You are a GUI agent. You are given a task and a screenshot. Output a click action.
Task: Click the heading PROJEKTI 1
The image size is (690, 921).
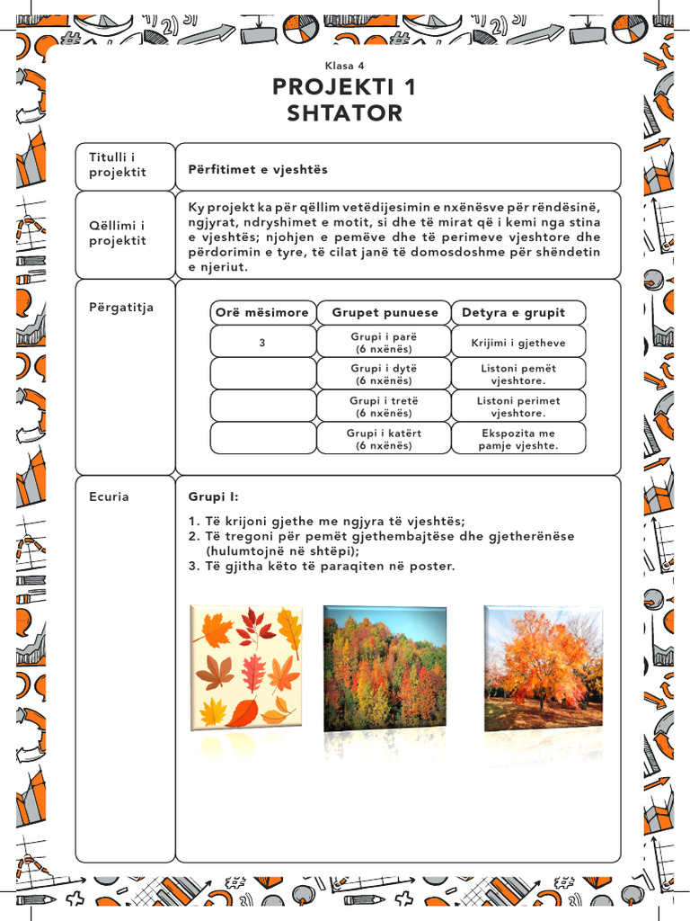pyautogui.click(x=344, y=87)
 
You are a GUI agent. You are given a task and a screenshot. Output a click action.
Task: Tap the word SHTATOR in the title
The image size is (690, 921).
pyautogui.click(x=344, y=114)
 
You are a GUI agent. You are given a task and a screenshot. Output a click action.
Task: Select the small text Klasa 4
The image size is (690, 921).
pyautogui.click(x=344, y=66)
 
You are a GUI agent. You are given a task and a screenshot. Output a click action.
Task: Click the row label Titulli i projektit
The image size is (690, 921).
pyautogui.click(x=118, y=165)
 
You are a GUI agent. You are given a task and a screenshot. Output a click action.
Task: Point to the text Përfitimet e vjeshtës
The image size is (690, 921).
pyautogui.click(x=258, y=169)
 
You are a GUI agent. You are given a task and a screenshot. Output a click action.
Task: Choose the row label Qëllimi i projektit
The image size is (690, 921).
pyautogui.click(x=118, y=233)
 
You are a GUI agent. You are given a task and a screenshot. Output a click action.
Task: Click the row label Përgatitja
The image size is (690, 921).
pyautogui.click(x=121, y=307)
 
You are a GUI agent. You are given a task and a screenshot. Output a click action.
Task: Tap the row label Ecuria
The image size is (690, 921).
pyautogui.click(x=109, y=496)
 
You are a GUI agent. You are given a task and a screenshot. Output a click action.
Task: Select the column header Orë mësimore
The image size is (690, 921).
pyautogui.click(x=262, y=312)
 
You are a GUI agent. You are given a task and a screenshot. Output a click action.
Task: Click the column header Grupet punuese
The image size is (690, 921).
pyautogui.click(x=385, y=312)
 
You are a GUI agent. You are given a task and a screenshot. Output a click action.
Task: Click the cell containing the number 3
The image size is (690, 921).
pyautogui.click(x=262, y=343)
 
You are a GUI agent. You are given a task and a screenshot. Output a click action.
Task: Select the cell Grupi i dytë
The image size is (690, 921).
pyautogui.click(x=384, y=374)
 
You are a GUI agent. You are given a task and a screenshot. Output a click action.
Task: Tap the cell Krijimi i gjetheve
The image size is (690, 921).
pyautogui.click(x=518, y=343)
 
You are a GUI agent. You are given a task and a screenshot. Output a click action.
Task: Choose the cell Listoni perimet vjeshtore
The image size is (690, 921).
pyautogui.click(x=518, y=407)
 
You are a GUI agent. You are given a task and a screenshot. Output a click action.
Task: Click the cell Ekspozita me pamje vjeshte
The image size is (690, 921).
pyautogui.click(x=518, y=439)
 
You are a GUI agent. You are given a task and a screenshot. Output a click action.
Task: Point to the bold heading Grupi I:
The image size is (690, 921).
pyautogui.click(x=214, y=496)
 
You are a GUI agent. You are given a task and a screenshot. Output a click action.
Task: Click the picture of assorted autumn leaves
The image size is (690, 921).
pyautogui.click(x=247, y=666)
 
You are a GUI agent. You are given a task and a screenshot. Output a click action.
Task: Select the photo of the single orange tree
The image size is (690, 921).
pyautogui.click(x=543, y=666)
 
